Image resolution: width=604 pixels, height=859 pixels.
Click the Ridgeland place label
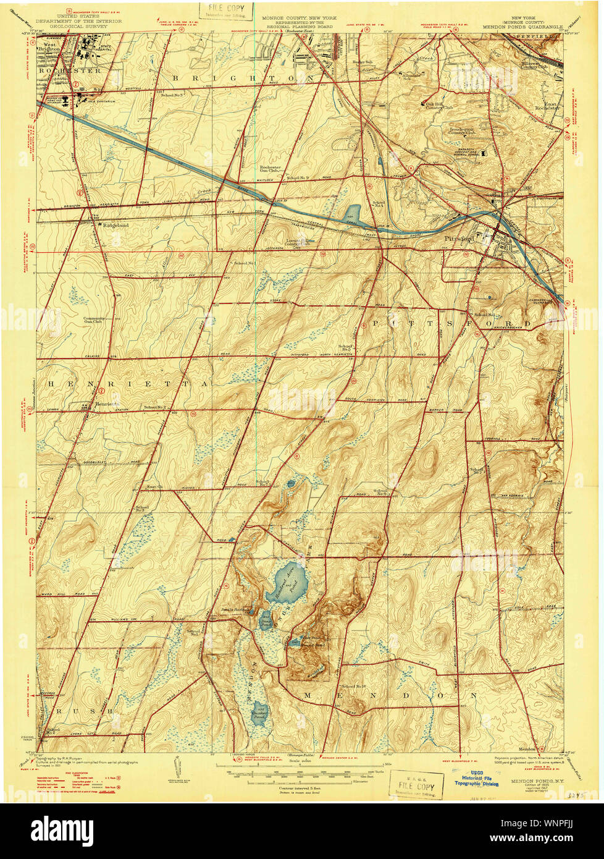[115, 225]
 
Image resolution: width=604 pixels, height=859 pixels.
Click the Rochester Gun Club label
[270, 169]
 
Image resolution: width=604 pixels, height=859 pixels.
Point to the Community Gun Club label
[94, 320]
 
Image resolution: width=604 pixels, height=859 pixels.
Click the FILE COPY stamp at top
[226, 11]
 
